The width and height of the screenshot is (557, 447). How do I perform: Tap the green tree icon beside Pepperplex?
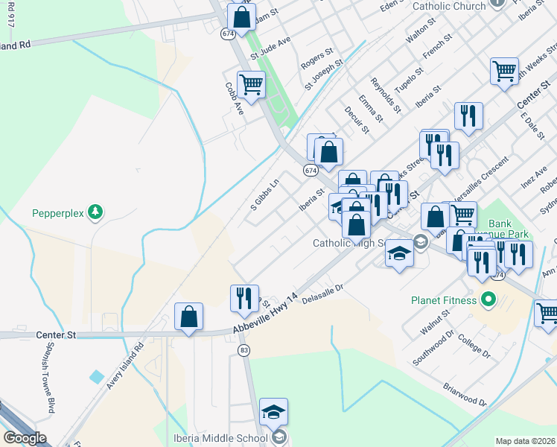95,212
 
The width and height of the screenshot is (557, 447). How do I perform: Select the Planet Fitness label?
443,301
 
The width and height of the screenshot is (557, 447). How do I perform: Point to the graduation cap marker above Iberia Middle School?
273,412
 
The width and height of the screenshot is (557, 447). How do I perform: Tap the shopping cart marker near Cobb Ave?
251,85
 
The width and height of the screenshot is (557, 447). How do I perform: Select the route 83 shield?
244,349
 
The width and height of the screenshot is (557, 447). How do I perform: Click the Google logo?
25,438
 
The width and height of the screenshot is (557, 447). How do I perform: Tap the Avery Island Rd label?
124,366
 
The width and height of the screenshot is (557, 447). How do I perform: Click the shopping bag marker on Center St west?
189,317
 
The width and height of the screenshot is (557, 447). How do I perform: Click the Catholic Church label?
448,6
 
